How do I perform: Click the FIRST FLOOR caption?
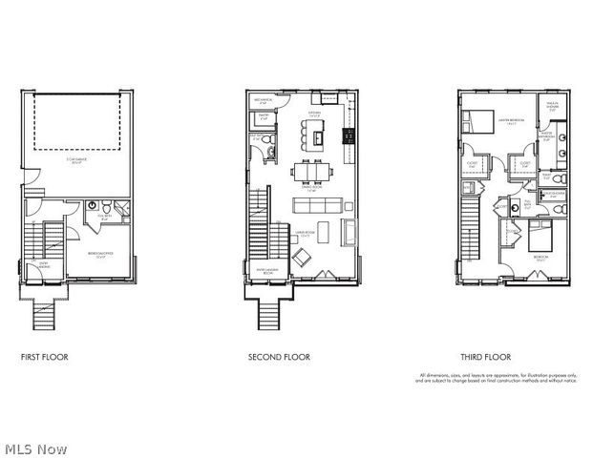tap(44, 357)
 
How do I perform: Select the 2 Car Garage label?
tap(78, 159)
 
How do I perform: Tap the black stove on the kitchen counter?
tap(349, 133)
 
